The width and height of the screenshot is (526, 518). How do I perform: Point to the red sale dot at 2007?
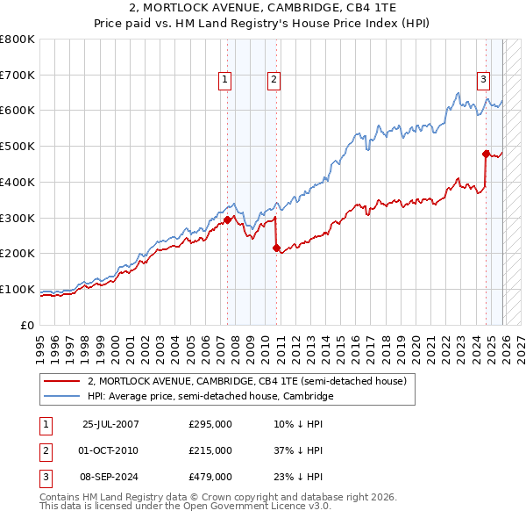pos(227,219)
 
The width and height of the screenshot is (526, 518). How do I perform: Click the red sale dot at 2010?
pos(276,248)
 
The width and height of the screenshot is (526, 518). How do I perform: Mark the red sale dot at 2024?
pos(486,153)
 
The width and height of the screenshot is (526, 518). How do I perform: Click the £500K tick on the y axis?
pos(18,146)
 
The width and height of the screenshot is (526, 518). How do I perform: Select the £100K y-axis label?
pos(18,289)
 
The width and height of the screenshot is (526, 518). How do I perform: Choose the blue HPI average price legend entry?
pos(210,397)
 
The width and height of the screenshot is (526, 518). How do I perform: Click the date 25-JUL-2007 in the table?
pos(110,424)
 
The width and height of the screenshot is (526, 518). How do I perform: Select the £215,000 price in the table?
pos(210,450)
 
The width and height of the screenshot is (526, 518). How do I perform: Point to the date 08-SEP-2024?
pos(110,477)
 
